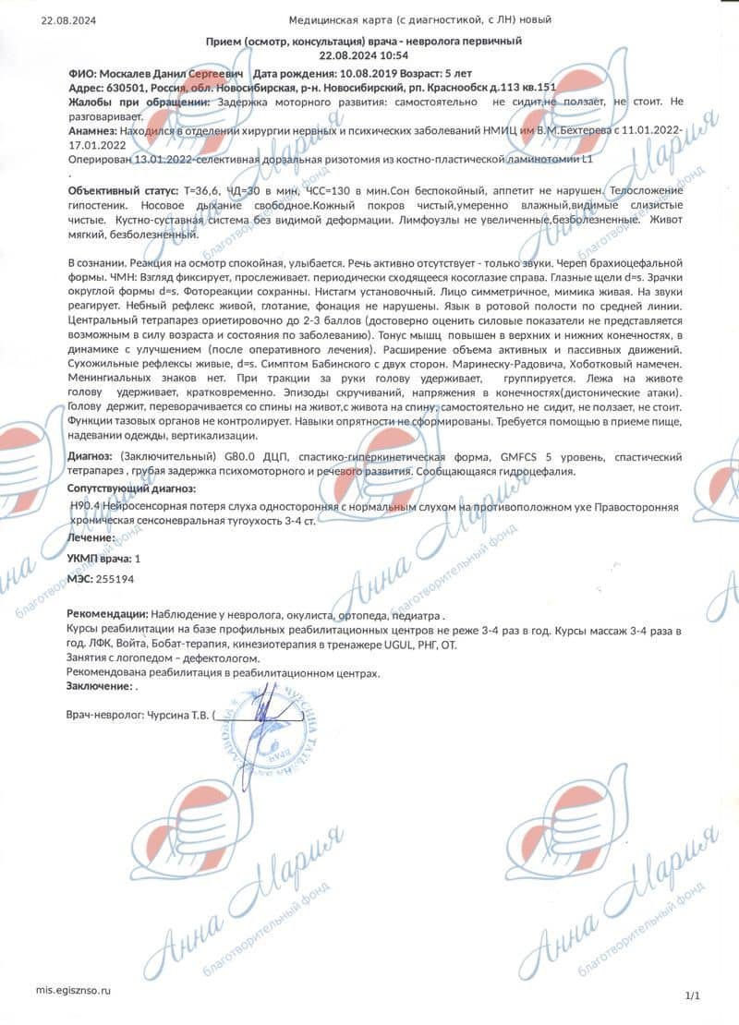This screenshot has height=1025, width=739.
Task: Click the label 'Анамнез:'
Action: tap(93, 132)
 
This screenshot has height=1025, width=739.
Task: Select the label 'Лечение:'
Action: tap(91, 537)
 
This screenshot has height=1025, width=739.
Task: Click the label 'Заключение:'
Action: tap(99, 687)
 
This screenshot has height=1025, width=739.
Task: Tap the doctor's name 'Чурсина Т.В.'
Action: tap(176, 715)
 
